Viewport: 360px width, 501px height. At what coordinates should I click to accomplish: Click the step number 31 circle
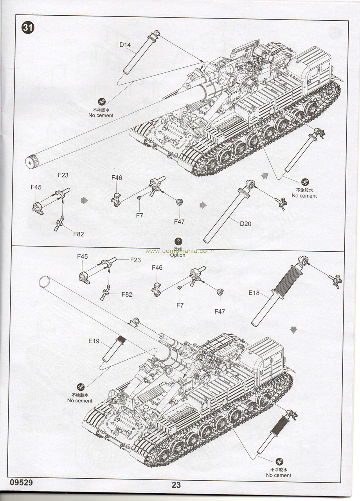(x=27, y=28)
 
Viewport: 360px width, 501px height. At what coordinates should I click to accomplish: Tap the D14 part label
(x=125, y=45)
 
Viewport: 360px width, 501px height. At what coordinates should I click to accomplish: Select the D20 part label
(x=245, y=224)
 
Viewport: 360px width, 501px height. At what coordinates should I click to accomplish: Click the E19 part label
(x=94, y=341)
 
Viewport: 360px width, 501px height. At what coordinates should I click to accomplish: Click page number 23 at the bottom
(x=176, y=485)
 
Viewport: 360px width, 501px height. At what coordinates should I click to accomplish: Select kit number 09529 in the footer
(x=19, y=483)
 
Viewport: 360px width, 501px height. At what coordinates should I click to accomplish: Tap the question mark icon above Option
(x=178, y=241)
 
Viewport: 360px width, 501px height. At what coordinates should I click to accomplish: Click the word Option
(x=178, y=255)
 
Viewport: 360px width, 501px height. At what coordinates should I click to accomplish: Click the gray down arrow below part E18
(x=293, y=330)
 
